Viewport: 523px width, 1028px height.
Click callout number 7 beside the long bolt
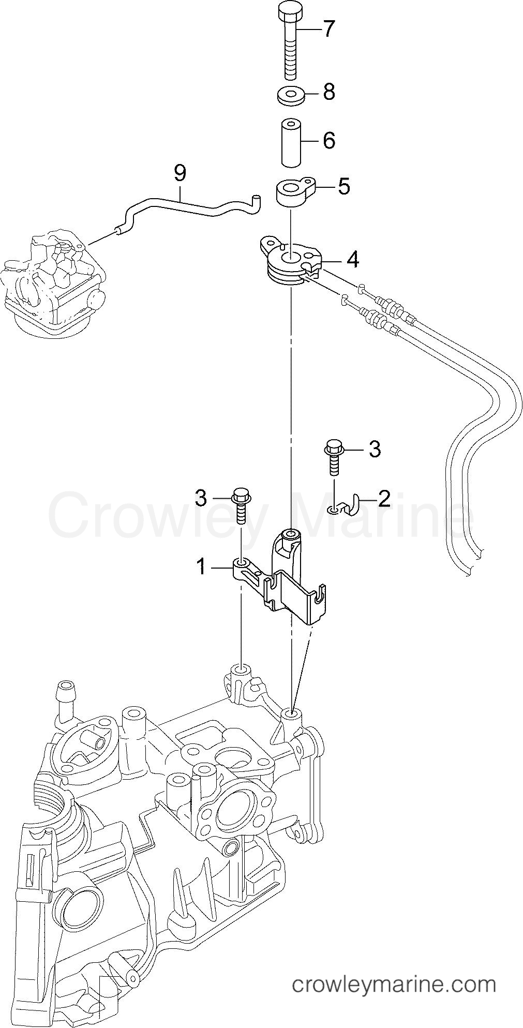tap(329, 29)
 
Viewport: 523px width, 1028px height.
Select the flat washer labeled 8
tap(290, 96)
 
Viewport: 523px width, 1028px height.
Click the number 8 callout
tap(329, 92)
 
